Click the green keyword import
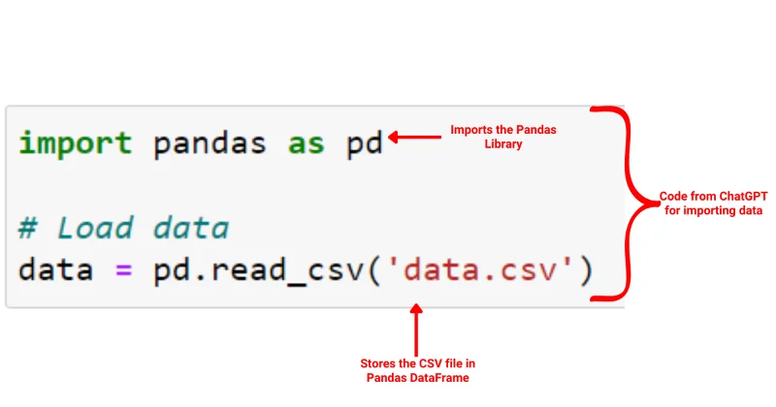coord(76,144)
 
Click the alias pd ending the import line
coord(365,144)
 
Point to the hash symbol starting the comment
coord(28,228)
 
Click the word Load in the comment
coord(95,228)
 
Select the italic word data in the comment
coord(191,228)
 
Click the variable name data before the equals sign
coord(56,270)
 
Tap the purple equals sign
coord(124,270)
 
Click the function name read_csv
coord(286,272)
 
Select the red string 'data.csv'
coord(480,270)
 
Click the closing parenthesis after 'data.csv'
coord(586,271)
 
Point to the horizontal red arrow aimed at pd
coord(415,137)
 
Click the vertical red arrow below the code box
coord(417,329)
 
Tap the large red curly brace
coord(625,203)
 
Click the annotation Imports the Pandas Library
coord(503,137)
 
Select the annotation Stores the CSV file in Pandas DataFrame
coord(418,370)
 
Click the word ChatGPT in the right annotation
coord(743,197)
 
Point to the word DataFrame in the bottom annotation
coord(443,378)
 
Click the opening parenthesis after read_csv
coord(374,271)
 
